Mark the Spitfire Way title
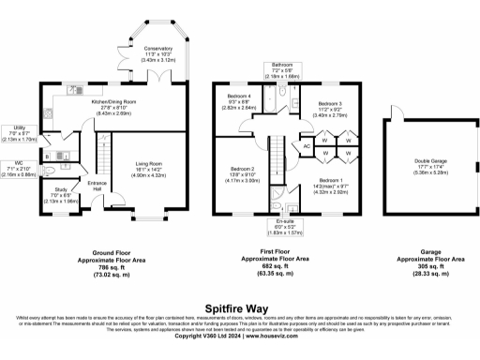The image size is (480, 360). (x=240, y=306)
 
